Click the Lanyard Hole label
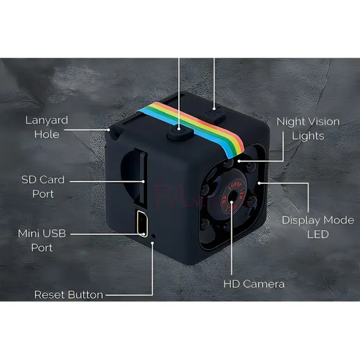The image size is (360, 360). click(47, 127)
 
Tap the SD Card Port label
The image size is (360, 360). click(43, 187)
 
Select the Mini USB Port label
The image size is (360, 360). click(42, 240)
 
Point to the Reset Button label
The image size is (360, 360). click(68, 295)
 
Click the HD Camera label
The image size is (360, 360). click(254, 284)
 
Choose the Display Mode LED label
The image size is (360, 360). click(318, 227)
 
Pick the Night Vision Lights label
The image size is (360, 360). click(308, 129)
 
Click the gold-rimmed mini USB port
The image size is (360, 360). click(143, 224)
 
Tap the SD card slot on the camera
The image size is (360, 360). click(141, 179)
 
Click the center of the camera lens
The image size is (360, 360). click(233, 196)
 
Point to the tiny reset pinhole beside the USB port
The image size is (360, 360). click(153, 236)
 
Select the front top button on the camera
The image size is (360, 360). click(180, 134)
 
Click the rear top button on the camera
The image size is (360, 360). click(215, 115)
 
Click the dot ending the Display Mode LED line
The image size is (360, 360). click(259, 183)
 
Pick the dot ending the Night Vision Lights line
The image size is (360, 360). click(239, 161)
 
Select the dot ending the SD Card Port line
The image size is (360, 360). click(143, 181)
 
